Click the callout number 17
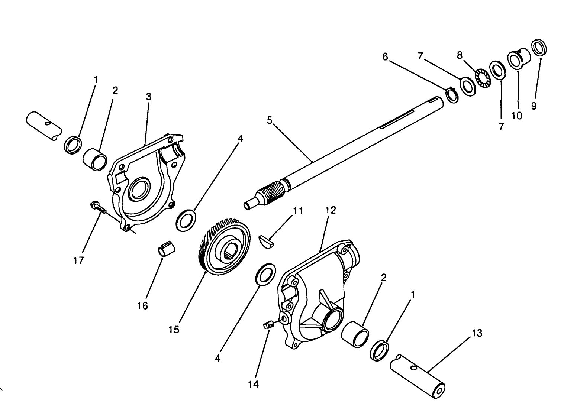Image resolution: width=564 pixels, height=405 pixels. tap(78, 260)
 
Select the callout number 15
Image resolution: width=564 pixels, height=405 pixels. tap(174, 329)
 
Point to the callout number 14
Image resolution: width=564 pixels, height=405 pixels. tap(253, 384)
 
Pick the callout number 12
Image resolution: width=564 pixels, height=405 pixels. tap(331, 210)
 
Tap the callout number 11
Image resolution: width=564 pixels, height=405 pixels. tap(298, 211)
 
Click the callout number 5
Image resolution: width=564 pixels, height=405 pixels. tap(270, 120)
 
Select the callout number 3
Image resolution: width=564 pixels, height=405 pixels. tap(149, 96)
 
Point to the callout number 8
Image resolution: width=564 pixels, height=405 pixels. tap(460, 55)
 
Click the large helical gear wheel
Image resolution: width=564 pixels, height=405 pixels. tap(225, 246)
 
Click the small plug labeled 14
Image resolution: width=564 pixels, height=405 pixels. tap(269, 325)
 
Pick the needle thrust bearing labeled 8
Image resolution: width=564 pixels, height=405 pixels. tap(483, 78)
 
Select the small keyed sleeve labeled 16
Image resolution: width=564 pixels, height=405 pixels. tap(166, 249)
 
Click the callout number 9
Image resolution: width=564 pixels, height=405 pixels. tap(534, 106)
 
